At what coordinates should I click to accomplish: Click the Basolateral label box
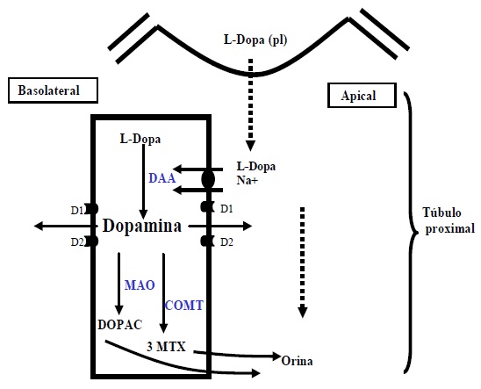click(53, 90)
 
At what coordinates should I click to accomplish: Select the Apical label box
click(362, 96)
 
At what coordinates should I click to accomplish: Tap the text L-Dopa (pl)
click(255, 40)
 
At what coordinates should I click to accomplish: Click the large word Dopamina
click(142, 226)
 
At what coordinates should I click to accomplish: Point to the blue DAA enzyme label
click(162, 178)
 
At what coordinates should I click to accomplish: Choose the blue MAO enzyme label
click(140, 285)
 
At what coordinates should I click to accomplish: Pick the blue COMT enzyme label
click(184, 306)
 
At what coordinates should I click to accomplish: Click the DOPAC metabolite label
click(120, 325)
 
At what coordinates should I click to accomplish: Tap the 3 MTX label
click(167, 347)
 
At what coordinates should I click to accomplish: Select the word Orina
click(297, 361)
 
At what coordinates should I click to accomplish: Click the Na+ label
click(248, 180)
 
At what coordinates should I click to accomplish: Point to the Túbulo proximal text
click(449, 220)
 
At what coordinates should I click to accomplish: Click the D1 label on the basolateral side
click(77, 211)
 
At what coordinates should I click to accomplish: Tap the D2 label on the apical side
click(226, 242)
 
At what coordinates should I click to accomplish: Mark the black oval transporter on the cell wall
click(208, 179)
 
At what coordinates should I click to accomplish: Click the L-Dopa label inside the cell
click(140, 140)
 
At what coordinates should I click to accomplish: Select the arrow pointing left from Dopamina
click(64, 227)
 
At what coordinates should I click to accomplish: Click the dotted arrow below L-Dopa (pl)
click(251, 104)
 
